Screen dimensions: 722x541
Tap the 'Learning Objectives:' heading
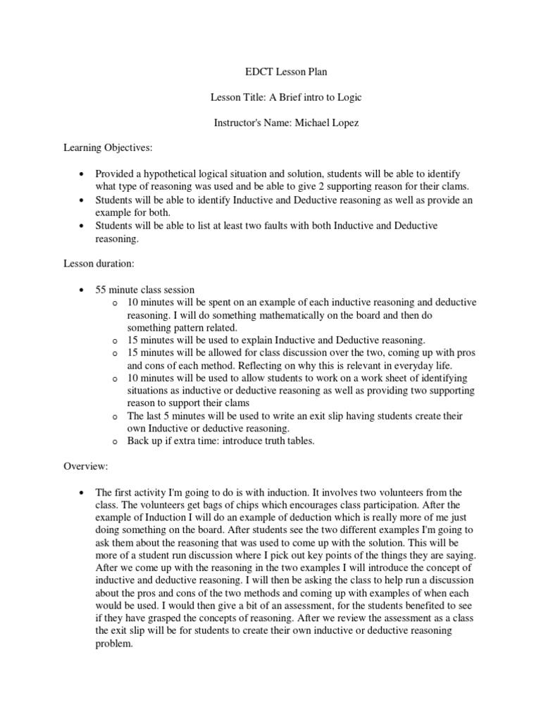107,148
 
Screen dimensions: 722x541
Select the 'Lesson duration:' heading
94,263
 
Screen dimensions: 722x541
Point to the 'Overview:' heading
85,466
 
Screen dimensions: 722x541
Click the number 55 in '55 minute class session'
101,289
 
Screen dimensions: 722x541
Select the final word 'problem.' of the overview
113,644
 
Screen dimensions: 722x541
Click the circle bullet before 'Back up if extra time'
114,441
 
